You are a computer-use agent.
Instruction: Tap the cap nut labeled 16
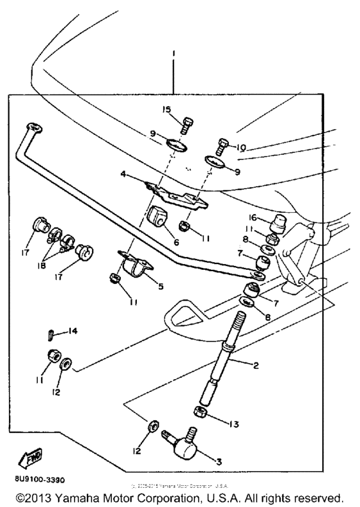(x=278, y=224)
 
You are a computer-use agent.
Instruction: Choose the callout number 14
(x=73, y=331)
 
